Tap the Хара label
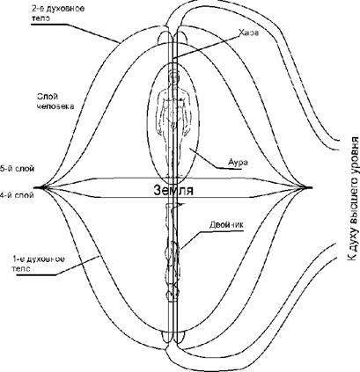[248, 33]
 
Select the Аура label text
[238, 162]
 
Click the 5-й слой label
[17, 169]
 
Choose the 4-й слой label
[17, 195]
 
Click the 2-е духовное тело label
[58, 12]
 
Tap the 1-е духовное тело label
[38, 264]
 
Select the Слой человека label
[55, 101]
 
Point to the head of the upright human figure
[173, 77]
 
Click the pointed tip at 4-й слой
[35, 187]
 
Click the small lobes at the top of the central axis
[173, 38]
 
